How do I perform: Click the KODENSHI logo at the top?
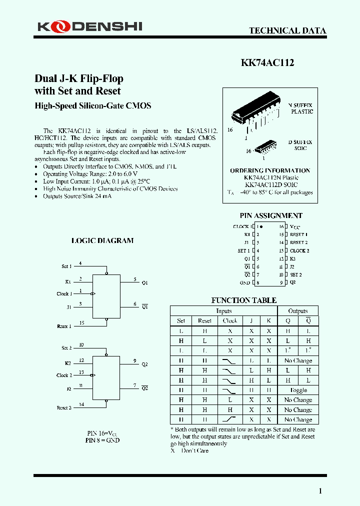[x=89, y=26]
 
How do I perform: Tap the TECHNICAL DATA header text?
[x=287, y=30]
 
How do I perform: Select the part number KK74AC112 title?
[x=267, y=63]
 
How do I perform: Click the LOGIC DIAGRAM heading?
[x=102, y=240]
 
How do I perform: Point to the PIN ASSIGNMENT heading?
[x=271, y=216]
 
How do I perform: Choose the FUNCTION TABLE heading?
[x=243, y=300]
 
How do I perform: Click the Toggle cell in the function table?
[x=298, y=390]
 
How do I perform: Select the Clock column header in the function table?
[x=230, y=320]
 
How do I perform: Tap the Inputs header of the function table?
[x=223, y=311]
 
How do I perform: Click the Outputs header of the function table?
[x=298, y=311]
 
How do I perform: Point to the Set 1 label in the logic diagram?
[x=66, y=266]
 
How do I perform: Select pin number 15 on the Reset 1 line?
[x=81, y=323]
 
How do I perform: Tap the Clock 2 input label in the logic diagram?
[x=64, y=375]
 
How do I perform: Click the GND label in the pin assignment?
[x=244, y=282]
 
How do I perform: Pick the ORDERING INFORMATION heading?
[x=270, y=170]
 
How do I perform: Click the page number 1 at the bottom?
[x=320, y=491]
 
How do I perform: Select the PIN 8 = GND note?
[x=102, y=440]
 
